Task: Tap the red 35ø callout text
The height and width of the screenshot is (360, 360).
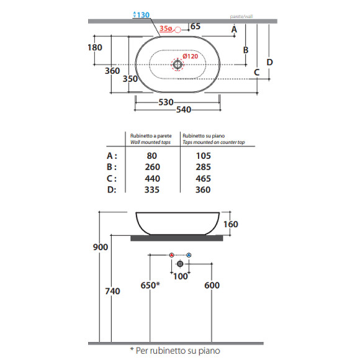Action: coord(166,29)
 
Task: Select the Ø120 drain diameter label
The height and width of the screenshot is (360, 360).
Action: coord(191,56)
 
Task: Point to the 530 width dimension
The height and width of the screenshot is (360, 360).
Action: coord(166,102)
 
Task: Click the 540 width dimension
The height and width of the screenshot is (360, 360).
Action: coord(184,110)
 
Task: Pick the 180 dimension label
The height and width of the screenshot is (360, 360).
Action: coord(95,48)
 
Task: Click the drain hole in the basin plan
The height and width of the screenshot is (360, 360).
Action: coord(178,65)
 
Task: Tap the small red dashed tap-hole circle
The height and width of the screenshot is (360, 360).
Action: coord(178,30)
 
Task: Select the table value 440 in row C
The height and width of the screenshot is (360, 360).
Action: coord(153,178)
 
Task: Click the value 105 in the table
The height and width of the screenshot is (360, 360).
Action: coord(204,156)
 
